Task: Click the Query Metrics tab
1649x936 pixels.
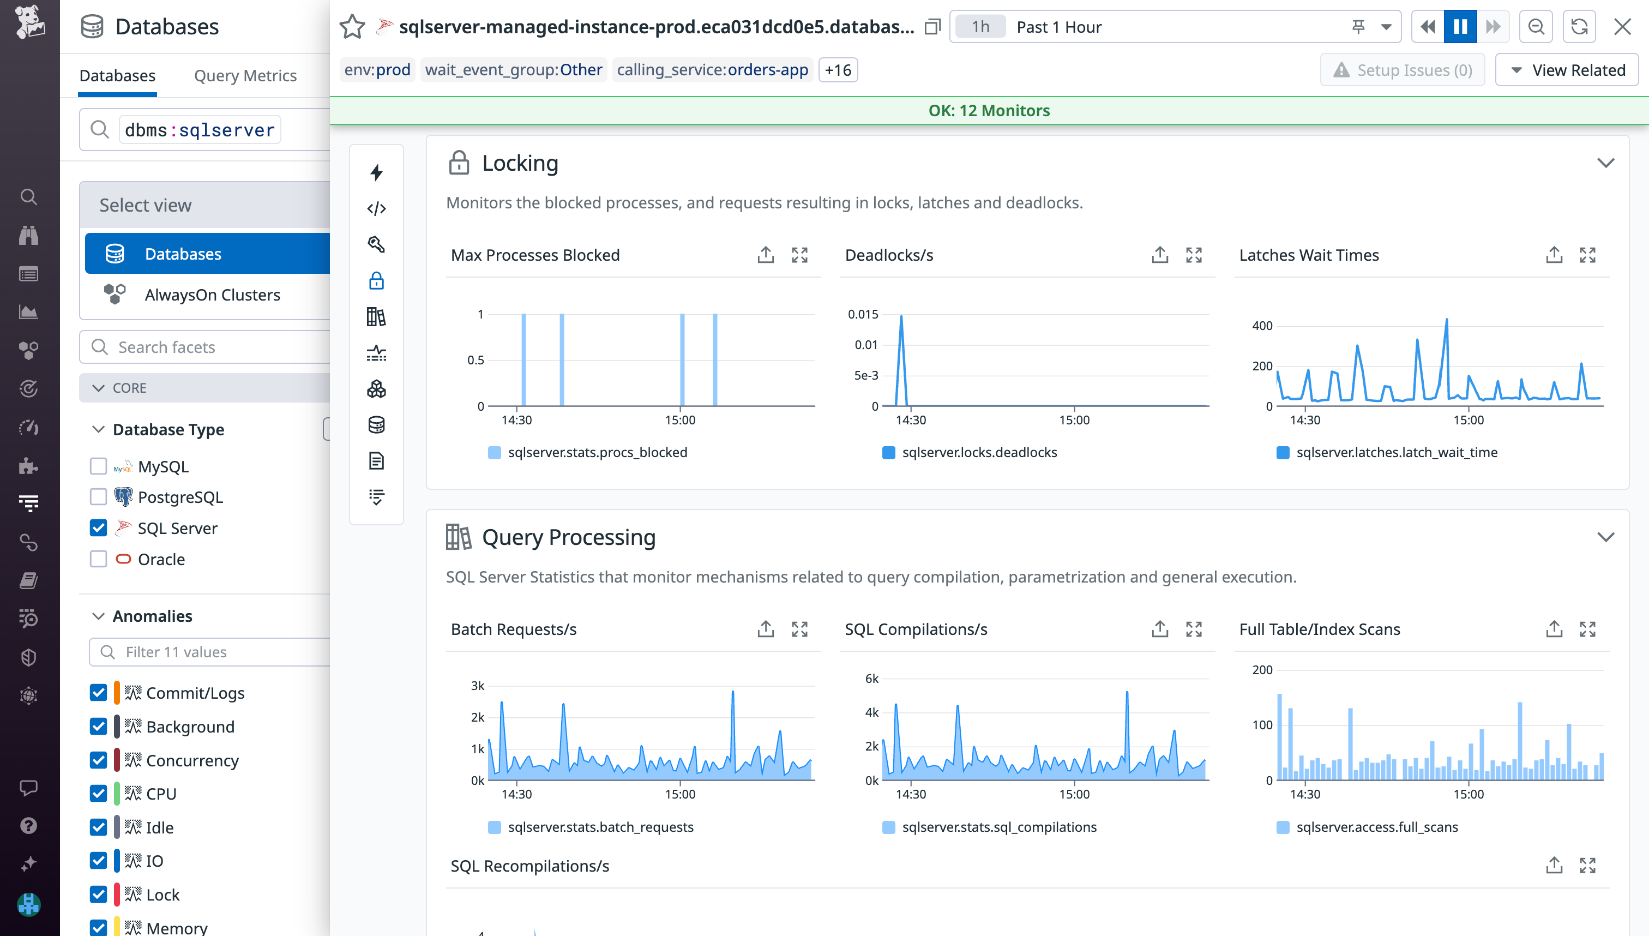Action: (245, 76)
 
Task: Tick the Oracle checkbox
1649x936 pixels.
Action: (98, 559)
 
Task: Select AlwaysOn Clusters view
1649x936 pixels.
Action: (212, 295)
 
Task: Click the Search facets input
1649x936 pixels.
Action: (219, 347)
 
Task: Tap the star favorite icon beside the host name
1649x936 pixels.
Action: (352, 27)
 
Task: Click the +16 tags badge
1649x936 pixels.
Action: (838, 70)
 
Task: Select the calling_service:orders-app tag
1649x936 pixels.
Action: (712, 70)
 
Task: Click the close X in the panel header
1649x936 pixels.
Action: (1622, 27)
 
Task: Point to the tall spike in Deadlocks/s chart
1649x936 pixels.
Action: (901, 318)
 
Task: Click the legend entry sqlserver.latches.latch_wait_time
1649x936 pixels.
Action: (1396, 453)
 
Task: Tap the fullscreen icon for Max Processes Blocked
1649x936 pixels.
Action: (799, 255)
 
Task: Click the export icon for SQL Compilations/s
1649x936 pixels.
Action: (1159, 629)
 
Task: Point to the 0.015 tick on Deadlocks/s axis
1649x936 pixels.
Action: (863, 314)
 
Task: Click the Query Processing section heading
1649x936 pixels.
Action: (568, 537)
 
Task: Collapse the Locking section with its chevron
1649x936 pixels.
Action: (1605, 163)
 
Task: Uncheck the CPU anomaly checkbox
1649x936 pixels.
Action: (98, 794)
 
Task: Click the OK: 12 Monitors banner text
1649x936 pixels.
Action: (989, 111)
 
